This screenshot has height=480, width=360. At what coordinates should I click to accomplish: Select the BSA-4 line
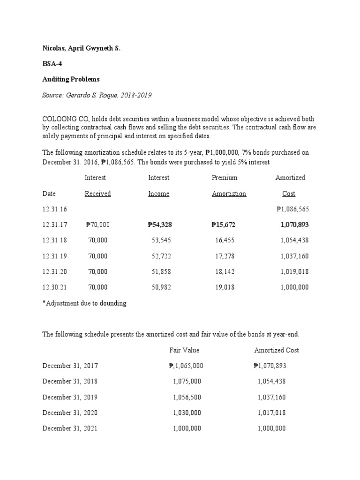51,64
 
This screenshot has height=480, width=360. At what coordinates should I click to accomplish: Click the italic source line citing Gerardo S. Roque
97,95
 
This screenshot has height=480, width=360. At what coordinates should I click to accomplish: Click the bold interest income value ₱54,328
160,225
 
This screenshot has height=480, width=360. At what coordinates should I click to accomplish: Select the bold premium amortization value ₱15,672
224,225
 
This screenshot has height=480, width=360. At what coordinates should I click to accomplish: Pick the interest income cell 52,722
162,256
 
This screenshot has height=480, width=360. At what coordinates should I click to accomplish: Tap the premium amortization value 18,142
225,272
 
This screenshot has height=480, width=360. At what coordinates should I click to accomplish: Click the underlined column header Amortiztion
229,194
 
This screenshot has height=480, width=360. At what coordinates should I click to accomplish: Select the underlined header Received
97,194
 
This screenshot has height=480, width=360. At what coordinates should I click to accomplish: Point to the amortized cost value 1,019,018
294,272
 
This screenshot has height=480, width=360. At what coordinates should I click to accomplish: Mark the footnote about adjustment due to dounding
84,303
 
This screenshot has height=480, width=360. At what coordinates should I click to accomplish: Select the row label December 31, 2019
70,397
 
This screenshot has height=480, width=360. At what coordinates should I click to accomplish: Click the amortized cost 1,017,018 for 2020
271,413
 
